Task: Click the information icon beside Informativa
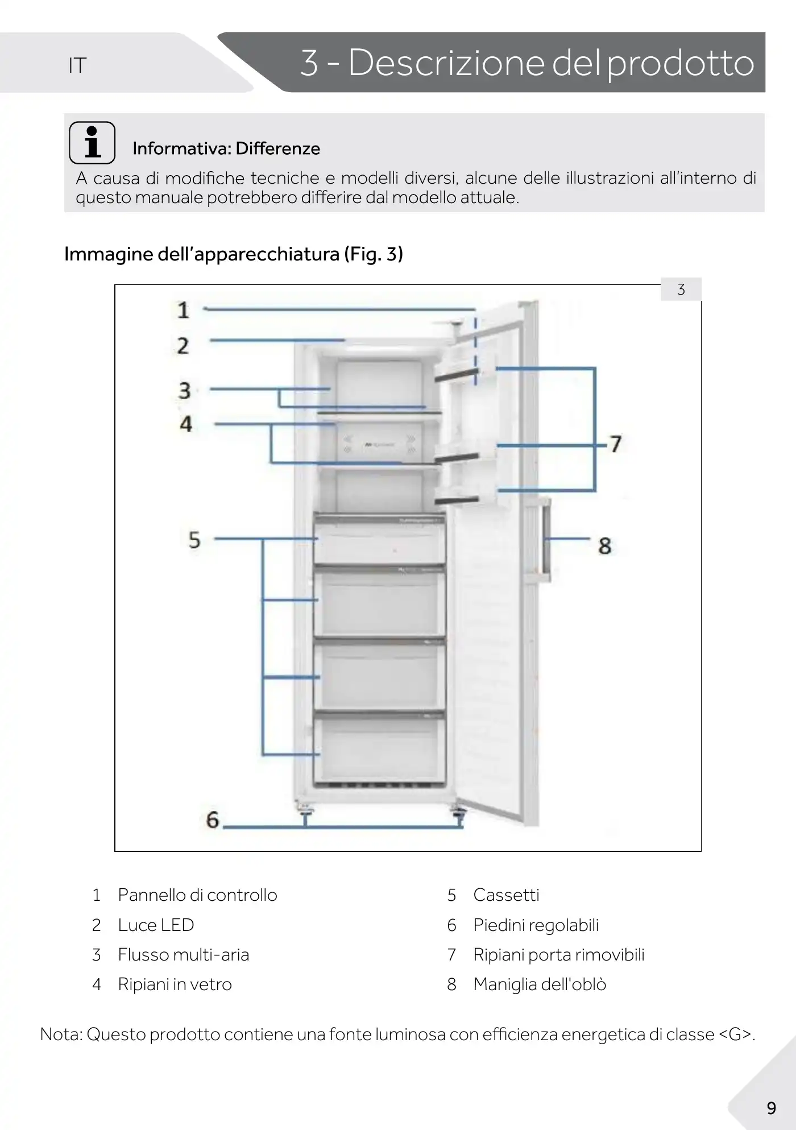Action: click(92, 142)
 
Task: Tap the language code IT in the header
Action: click(77, 66)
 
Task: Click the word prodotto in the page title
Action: click(681, 63)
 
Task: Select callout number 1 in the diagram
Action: click(183, 310)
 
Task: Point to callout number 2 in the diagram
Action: click(183, 345)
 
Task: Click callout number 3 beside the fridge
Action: click(184, 391)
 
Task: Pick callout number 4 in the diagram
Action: click(186, 424)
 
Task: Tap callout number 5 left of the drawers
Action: click(194, 539)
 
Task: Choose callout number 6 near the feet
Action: click(212, 819)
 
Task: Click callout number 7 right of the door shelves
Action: click(616, 444)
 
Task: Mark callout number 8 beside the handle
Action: click(604, 546)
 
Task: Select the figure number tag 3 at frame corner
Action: click(681, 289)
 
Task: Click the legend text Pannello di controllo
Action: click(197, 895)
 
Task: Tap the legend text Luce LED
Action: click(156, 925)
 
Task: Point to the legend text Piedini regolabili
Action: click(536, 925)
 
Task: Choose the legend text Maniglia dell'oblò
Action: click(540, 984)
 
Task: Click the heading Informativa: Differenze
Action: click(226, 148)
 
